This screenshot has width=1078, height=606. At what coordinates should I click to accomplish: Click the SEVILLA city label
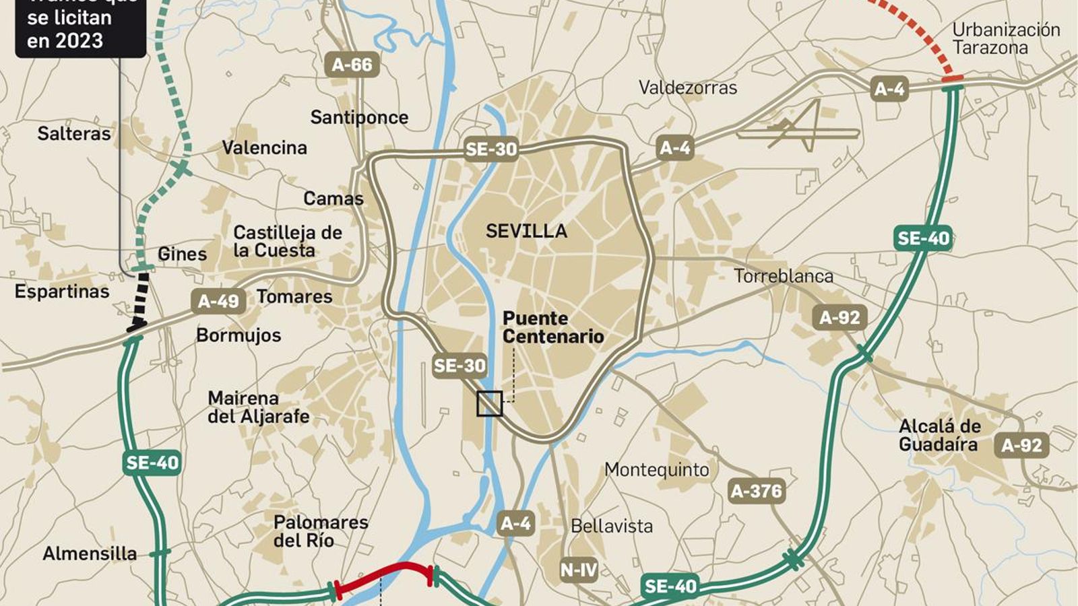point(526,231)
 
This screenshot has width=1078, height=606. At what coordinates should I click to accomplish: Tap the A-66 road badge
point(352,65)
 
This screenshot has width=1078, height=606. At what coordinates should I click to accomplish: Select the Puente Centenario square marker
point(489,403)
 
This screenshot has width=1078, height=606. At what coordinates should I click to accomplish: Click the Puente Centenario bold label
point(552,327)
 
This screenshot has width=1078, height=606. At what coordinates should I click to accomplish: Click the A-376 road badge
point(756,491)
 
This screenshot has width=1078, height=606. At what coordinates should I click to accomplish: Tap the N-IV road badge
point(578,570)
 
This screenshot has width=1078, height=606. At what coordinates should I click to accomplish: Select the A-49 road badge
point(218,301)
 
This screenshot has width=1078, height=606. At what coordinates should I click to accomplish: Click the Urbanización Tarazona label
point(1005,38)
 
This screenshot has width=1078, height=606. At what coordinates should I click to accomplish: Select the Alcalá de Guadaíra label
point(939,435)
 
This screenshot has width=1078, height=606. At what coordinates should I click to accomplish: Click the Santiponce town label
point(359,117)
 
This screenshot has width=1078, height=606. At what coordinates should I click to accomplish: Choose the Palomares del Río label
point(320,531)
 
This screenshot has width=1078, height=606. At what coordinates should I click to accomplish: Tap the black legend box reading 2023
point(80,27)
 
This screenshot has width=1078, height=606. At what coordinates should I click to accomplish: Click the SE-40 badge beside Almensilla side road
point(153,463)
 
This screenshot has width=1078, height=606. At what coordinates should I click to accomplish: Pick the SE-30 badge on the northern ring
point(491,149)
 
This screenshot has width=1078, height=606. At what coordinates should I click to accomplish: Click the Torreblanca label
point(783,276)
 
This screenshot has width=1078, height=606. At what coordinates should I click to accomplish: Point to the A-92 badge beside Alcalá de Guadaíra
point(1021,445)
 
